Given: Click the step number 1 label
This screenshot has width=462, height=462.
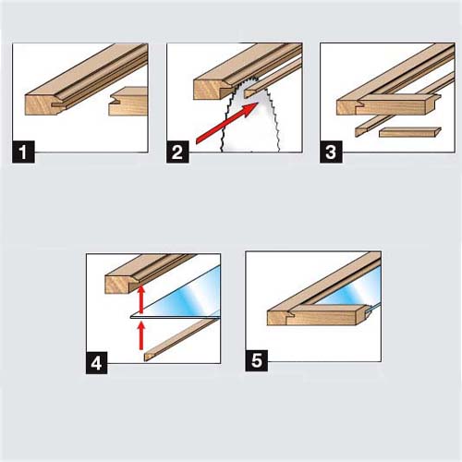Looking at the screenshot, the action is (x=23, y=152).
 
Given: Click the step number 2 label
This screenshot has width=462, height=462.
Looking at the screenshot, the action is (x=177, y=152).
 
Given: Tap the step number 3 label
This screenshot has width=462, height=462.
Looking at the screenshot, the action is (x=331, y=152).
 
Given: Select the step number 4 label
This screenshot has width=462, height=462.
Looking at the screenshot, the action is (x=97, y=363).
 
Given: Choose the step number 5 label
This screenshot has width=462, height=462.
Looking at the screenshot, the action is (x=256, y=360).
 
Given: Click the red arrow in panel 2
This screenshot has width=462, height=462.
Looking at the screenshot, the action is (x=226, y=123).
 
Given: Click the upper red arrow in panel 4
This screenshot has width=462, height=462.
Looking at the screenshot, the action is (x=141, y=299).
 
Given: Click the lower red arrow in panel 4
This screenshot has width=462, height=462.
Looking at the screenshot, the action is (x=141, y=335).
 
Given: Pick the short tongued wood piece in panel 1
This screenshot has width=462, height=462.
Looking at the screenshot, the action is (x=128, y=101).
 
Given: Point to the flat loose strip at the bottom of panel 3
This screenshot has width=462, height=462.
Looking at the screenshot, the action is (x=410, y=132).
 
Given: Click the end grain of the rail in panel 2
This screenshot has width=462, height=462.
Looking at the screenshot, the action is (x=210, y=90).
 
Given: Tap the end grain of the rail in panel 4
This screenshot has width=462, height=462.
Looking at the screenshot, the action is (x=118, y=285).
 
